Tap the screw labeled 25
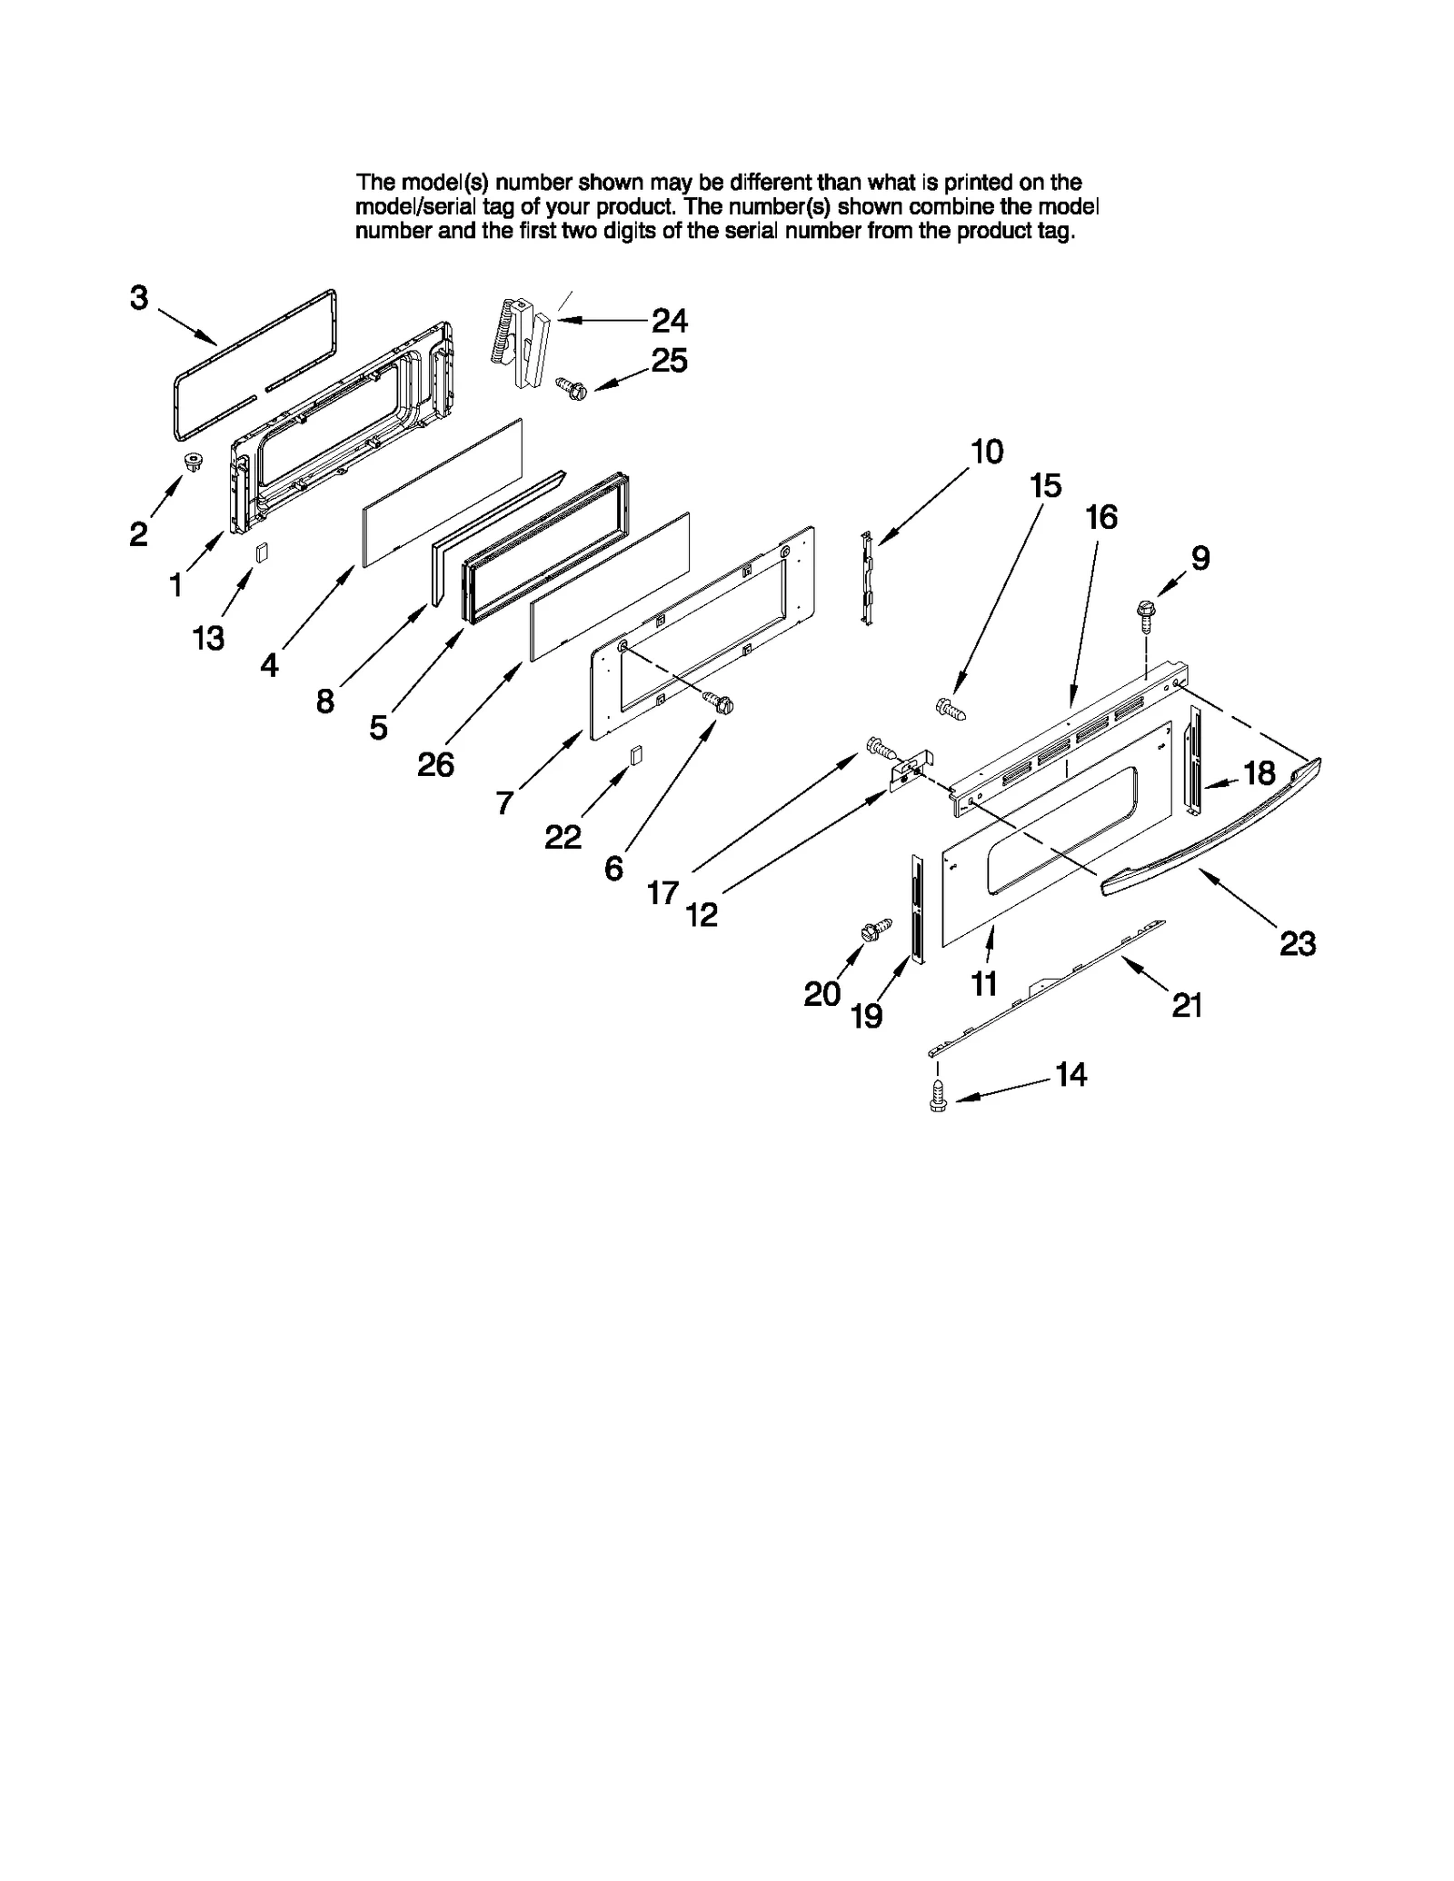coord(572,388)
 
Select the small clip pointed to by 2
coord(192,462)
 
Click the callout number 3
coord(138,297)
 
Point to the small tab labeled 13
coord(263,553)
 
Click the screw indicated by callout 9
coord(1145,613)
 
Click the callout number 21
coord(1187,1005)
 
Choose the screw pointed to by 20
coord(876,931)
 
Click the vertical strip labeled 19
coord(917,909)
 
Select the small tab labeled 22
coord(637,755)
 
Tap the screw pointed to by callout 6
coord(719,702)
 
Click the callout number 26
coord(435,764)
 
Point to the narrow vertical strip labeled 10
coord(867,580)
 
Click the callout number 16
coord(1100,517)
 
